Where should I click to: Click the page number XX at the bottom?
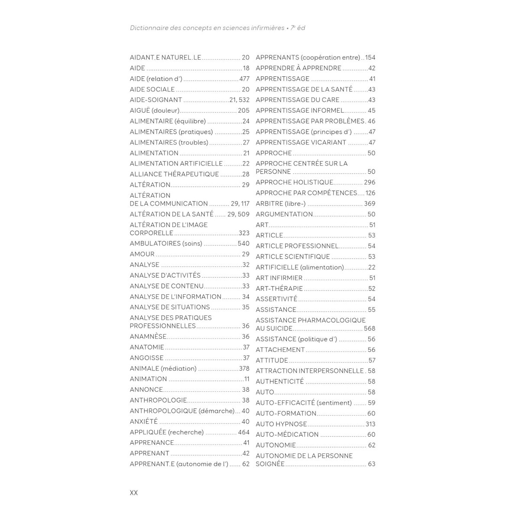(x=133, y=493)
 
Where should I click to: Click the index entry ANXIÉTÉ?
(x=144, y=422)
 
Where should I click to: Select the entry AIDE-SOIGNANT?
(x=156, y=100)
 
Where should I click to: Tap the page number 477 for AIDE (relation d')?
(x=244, y=79)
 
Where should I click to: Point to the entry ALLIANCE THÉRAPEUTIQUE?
(x=174, y=174)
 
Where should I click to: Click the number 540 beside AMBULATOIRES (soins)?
(x=244, y=244)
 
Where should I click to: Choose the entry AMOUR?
(x=142, y=254)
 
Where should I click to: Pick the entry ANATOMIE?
(x=147, y=347)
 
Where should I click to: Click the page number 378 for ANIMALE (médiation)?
(x=244, y=368)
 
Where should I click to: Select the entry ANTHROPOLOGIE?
(x=158, y=400)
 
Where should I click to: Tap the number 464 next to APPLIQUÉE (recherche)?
(x=244, y=432)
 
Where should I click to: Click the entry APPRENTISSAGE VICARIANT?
(x=301, y=143)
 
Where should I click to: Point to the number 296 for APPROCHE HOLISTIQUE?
(x=370, y=182)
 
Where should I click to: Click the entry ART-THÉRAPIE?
(x=279, y=289)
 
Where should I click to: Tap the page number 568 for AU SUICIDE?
(x=370, y=328)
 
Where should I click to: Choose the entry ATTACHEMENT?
(x=280, y=350)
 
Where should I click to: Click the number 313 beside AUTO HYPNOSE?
(x=370, y=424)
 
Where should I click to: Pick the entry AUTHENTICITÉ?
(x=279, y=382)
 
